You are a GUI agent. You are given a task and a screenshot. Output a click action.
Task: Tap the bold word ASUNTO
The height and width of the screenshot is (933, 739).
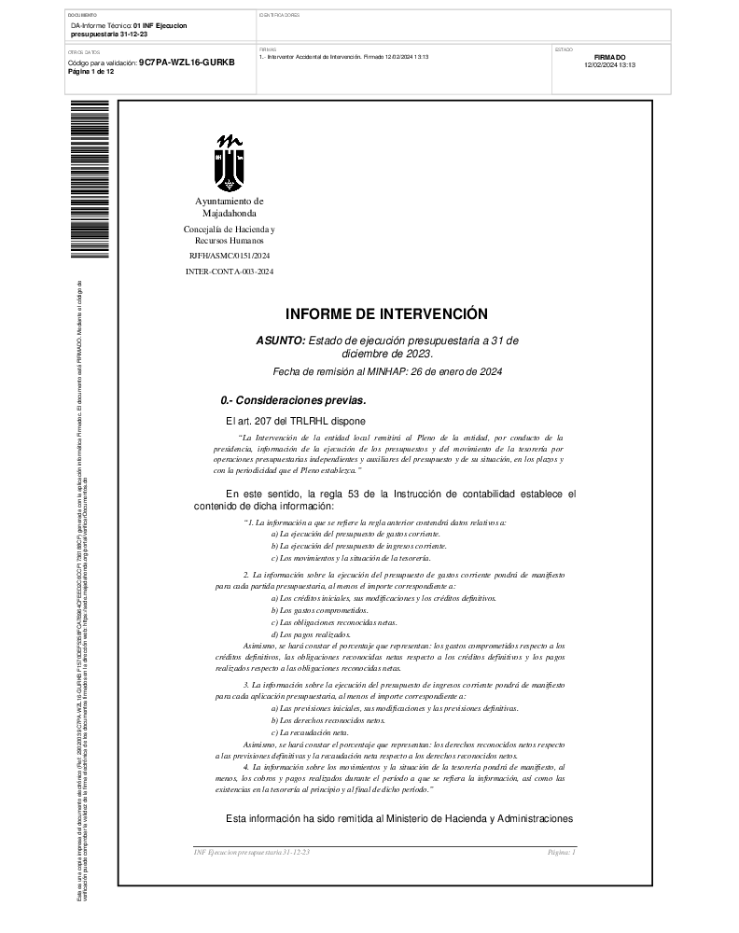coord(280,341)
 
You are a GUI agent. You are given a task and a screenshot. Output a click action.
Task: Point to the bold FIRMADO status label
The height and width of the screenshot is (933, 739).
coord(609,57)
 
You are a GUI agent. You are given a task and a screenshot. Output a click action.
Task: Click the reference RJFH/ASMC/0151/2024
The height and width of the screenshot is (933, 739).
coord(230,255)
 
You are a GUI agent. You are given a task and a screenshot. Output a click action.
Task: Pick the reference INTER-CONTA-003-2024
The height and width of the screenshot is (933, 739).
coord(230,272)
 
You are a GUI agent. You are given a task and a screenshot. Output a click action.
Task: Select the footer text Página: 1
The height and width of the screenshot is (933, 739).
coord(562,853)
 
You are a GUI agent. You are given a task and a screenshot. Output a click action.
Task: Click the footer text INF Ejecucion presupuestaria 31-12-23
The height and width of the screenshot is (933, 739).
coord(251,853)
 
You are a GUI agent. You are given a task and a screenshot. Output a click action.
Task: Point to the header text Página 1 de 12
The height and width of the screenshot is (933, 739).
coord(91,71)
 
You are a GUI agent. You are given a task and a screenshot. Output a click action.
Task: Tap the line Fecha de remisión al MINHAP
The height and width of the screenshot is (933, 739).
coord(387,372)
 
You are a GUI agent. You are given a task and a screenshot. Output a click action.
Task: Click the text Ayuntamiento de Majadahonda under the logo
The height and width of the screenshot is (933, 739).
coord(230,207)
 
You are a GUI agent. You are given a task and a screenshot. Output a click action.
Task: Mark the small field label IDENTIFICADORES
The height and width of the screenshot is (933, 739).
coord(279,16)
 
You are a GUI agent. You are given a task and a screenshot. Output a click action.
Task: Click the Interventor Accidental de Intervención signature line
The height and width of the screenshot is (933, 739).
coord(343,57)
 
